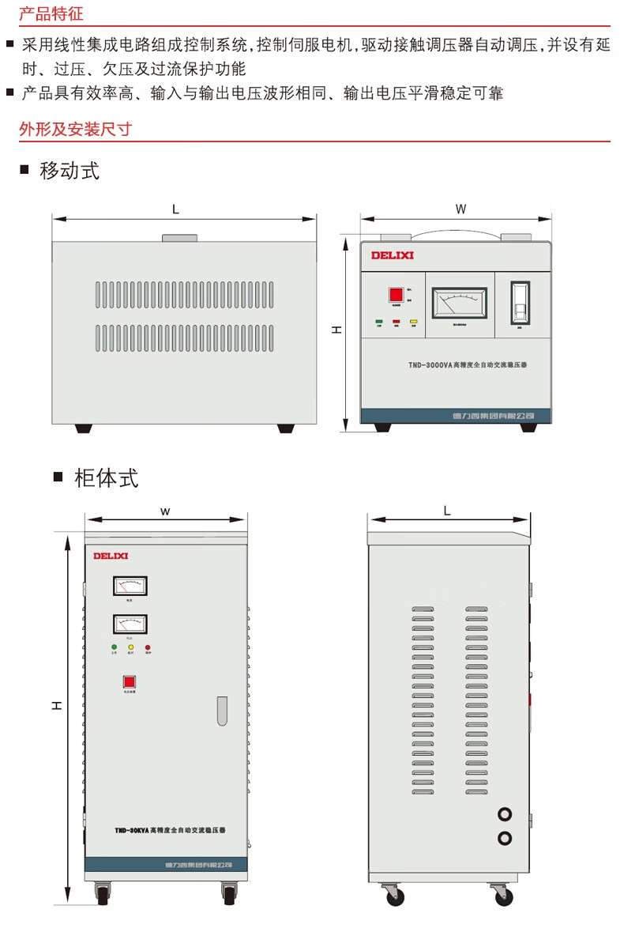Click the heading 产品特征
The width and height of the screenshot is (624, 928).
click(x=51, y=14)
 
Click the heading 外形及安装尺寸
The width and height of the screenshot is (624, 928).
click(x=75, y=129)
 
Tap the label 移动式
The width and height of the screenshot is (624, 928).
click(x=70, y=170)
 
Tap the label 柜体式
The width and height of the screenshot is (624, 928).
click(x=106, y=477)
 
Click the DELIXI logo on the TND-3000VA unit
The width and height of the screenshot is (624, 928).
click(x=393, y=255)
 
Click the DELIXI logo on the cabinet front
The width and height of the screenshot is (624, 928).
click(x=111, y=556)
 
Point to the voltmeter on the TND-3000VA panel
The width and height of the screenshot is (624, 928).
click(x=459, y=303)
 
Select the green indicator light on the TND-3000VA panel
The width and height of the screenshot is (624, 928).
click(x=379, y=322)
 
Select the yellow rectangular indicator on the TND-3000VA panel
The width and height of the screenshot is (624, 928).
click(x=413, y=322)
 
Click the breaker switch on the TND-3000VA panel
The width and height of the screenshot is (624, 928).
click(x=520, y=302)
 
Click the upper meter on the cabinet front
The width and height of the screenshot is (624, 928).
click(x=130, y=586)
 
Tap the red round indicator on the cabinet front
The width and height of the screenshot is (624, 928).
click(x=148, y=647)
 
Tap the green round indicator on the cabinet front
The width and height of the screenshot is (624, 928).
click(x=114, y=647)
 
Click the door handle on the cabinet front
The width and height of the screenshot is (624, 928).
click(x=222, y=711)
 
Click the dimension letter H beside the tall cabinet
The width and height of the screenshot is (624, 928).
click(x=57, y=705)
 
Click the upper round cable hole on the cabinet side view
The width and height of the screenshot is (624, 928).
click(x=505, y=814)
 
